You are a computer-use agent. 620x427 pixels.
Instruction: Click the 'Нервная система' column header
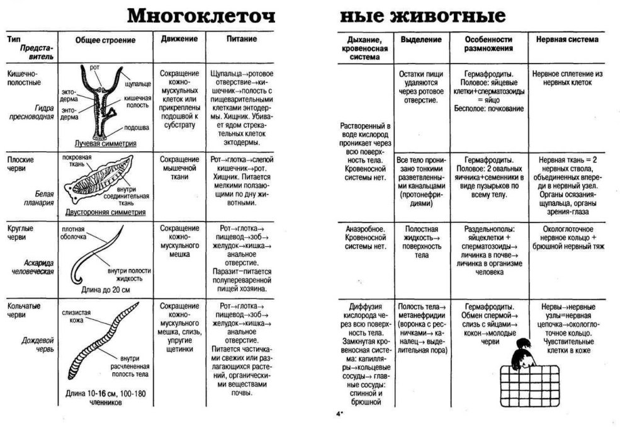click(566, 40)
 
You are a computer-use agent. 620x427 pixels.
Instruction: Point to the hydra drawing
click(97, 101)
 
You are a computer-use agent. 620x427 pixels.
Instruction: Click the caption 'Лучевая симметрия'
click(105, 144)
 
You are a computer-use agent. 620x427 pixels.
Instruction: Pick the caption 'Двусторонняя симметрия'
click(105, 212)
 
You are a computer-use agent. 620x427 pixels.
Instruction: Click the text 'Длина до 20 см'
click(105, 290)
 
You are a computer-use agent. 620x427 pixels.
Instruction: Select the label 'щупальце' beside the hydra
click(137, 83)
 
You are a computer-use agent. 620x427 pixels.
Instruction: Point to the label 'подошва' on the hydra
click(137, 127)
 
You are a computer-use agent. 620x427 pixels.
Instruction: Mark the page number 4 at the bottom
click(338, 414)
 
